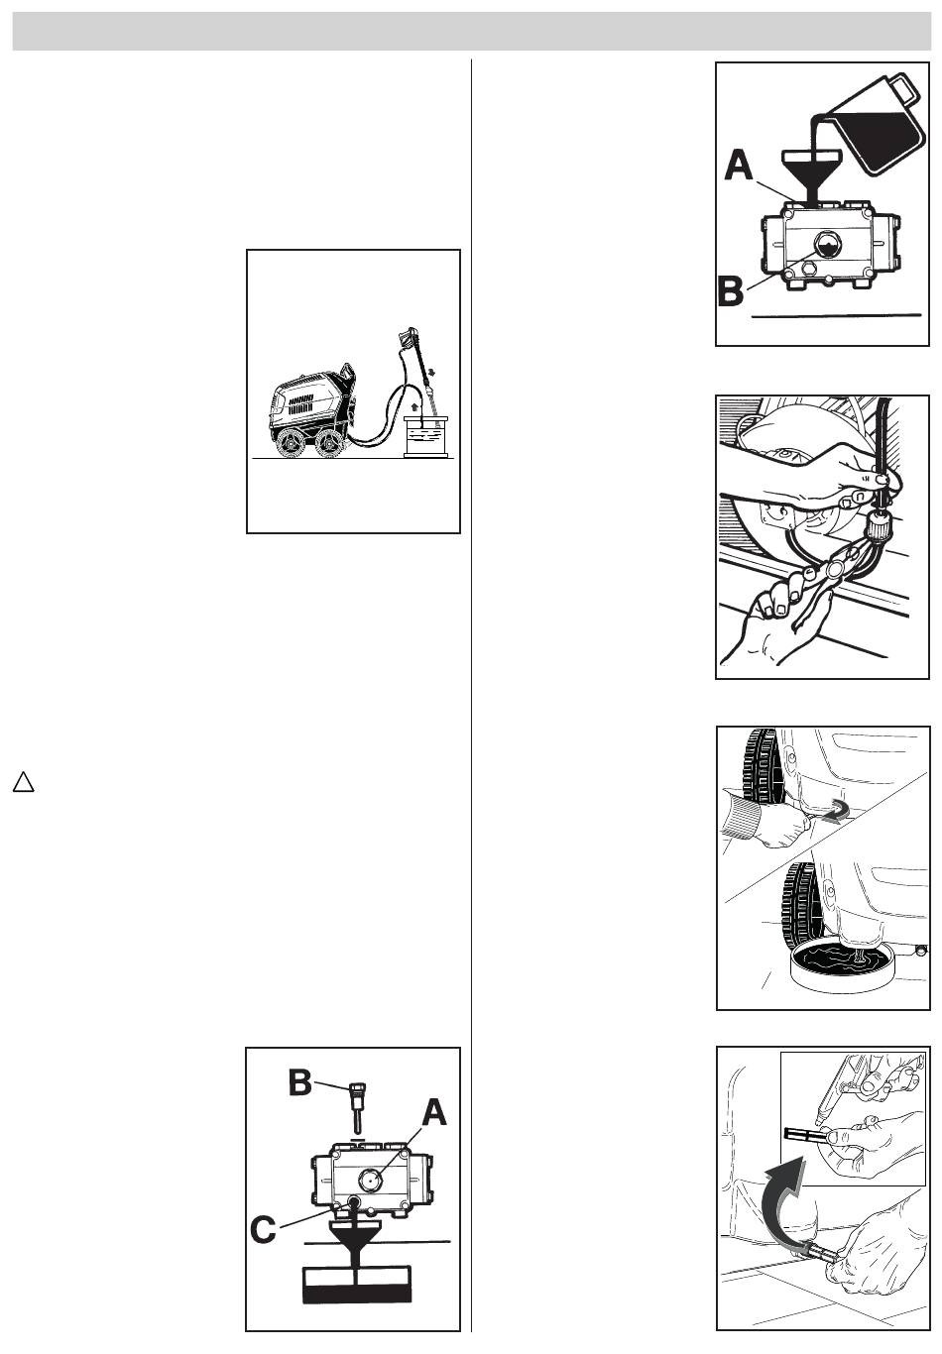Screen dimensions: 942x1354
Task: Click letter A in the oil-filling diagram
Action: pos(739,166)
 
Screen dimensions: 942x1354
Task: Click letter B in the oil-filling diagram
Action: pos(731,291)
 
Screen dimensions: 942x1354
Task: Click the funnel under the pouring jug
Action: pos(812,174)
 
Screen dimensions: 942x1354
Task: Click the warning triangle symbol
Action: pos(24,781)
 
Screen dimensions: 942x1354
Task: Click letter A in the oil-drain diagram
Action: pos(434,1112)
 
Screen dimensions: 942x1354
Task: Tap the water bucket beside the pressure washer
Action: pos(426,436)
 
